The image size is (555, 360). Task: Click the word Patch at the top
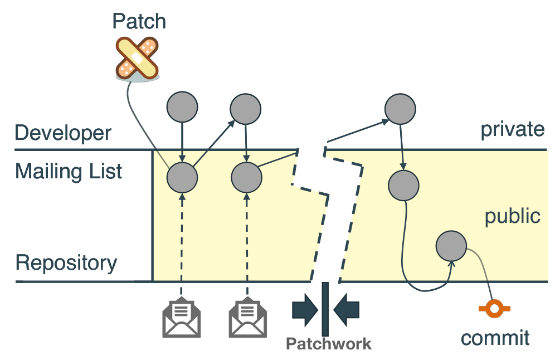pos(139,21)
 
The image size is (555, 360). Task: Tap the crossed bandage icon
pos(137,59)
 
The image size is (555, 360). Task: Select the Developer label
pos(63,134)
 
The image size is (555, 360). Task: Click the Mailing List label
pos(69,171)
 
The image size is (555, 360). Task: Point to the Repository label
pos(66,264)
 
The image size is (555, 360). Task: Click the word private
pos(512,129)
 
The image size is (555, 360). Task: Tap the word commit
pos(495,338)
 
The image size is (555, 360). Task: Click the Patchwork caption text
pos(328,344)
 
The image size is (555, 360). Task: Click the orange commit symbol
pos(494,309)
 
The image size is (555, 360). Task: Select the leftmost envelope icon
pos(182,319)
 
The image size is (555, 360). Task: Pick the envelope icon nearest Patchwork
pos(248,319)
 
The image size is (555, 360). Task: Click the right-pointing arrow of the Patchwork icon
pos(304,310)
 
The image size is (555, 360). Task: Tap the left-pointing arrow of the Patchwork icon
pos(346,310)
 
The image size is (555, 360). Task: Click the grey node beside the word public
pos(451,246)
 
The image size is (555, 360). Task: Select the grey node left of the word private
pos(400,109)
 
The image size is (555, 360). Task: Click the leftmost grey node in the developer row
pos(182,107)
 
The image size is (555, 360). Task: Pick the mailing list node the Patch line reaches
pos(182,177)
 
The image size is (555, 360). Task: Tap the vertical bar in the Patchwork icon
pos(325,309)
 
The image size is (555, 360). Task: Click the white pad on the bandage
pos(137,59)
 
